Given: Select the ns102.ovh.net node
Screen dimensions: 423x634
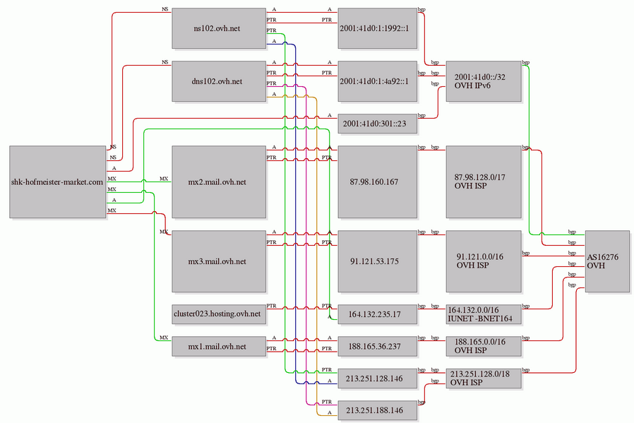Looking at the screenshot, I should coord(219,28).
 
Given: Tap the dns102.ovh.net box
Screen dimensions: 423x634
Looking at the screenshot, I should coord(219,81).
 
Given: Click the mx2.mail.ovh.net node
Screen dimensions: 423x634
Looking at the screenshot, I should coord(219,181).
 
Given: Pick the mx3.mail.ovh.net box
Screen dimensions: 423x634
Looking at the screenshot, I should coord(219,261).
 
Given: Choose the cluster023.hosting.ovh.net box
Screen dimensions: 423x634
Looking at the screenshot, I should coord(219,313).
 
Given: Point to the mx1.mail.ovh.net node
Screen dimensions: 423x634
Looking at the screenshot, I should coord(219,346).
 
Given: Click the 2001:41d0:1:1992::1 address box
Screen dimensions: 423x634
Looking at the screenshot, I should coord(378,28).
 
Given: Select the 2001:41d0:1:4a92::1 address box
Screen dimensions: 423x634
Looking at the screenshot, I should coord(378,81).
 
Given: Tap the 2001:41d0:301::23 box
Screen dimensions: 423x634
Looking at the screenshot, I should coord(378,124).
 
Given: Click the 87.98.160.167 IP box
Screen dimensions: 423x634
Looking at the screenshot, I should coord(378,181).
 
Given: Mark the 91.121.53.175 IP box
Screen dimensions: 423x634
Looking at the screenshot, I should coord(378,261).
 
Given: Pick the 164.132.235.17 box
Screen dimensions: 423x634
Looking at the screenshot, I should coord(378,313).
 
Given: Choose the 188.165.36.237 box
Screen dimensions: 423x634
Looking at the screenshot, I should coord(378,346).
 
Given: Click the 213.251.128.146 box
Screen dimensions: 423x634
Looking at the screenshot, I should coord(378,379).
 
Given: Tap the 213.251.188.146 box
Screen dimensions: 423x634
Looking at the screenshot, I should coord(378,410).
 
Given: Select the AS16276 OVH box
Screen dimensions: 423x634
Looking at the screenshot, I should coord(606,261).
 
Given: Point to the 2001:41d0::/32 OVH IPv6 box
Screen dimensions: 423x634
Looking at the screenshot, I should coord(484,82).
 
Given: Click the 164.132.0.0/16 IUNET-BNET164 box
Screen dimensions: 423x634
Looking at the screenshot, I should coord(484,314).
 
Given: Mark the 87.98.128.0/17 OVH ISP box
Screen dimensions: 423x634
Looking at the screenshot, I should coord(484,181).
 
